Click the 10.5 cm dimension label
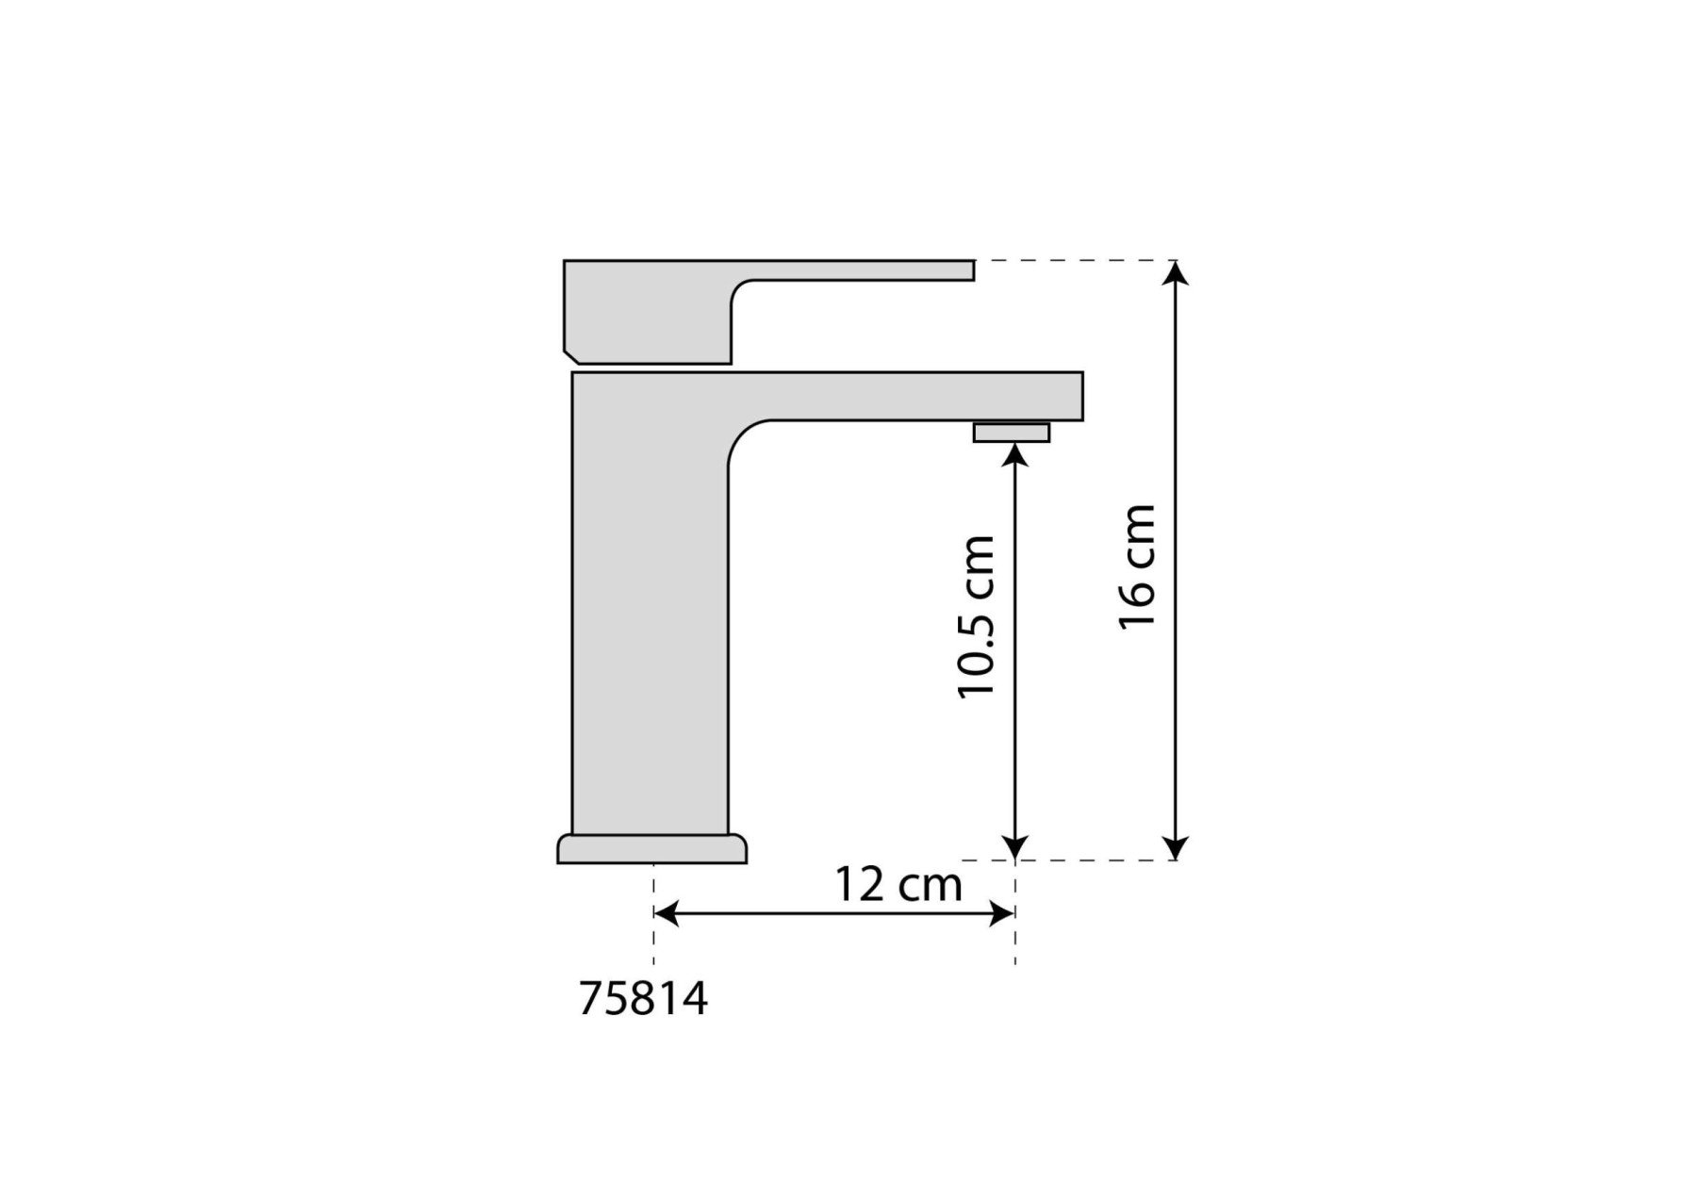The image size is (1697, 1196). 976,616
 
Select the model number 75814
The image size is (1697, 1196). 643,999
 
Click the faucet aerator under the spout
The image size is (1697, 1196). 1012,433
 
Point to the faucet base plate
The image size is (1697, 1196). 652,848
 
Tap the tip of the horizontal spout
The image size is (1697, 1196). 1082,396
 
